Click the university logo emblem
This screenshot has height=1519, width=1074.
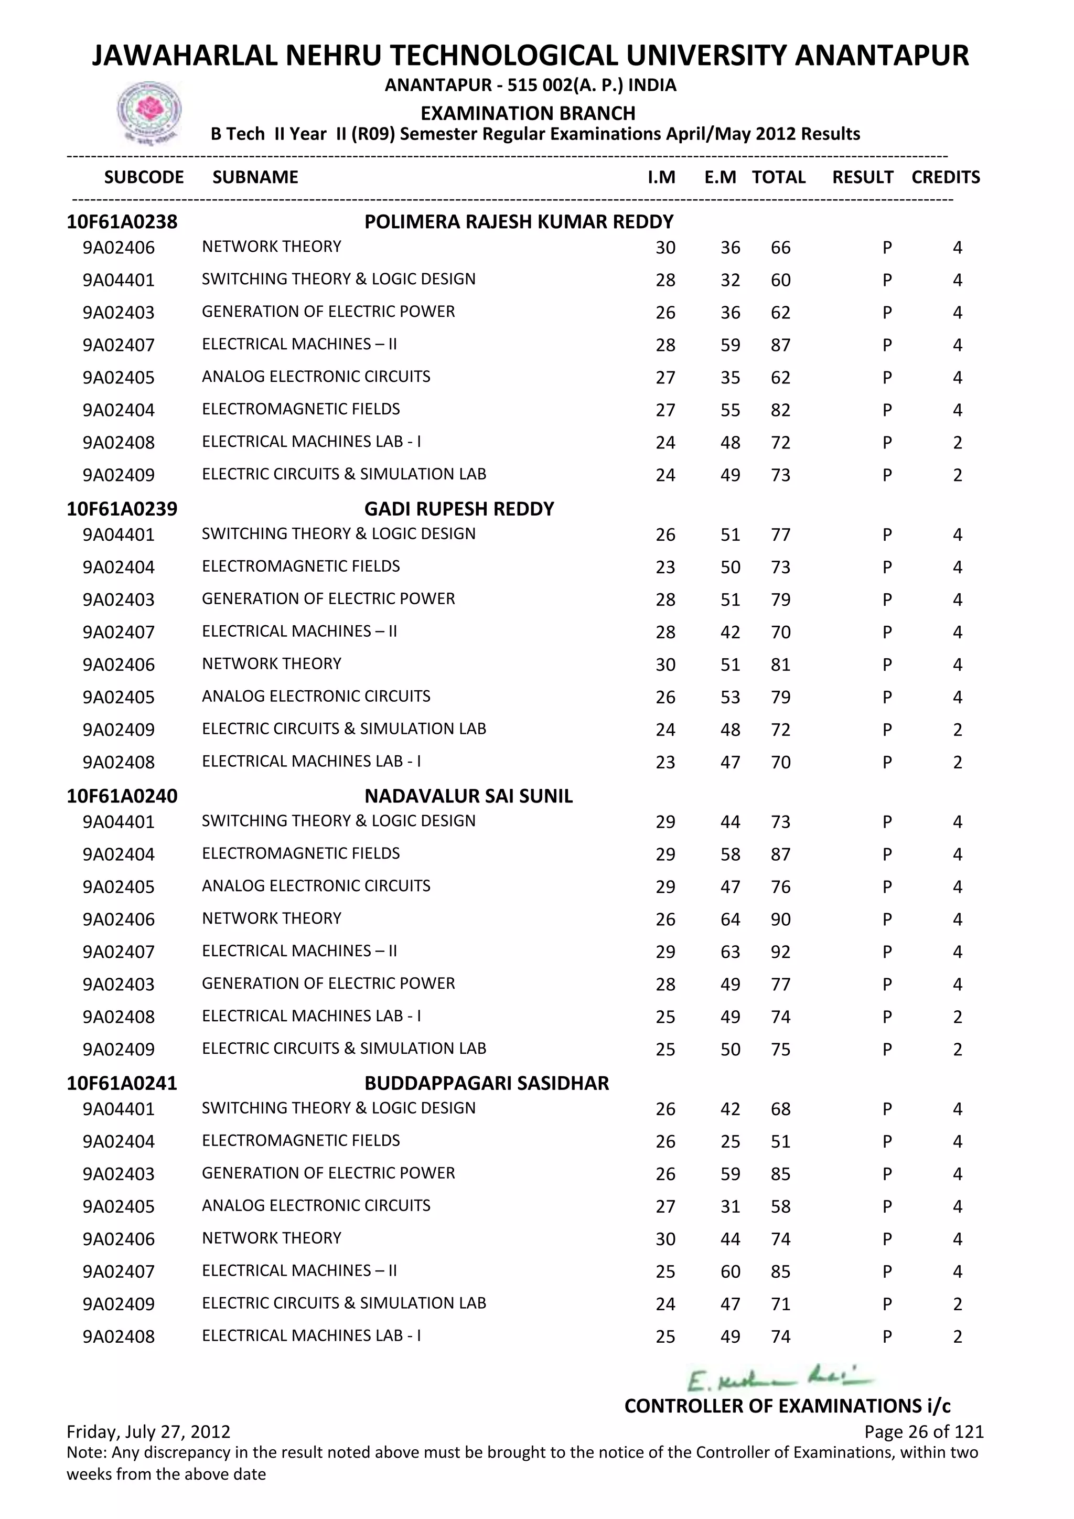pos(149,112)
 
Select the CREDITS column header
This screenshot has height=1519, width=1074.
pos(945,177)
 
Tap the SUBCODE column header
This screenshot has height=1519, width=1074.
pos(144,177)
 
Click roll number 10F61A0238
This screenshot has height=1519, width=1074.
pos(122,222)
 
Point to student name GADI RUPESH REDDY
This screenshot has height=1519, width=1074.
pos(459,509)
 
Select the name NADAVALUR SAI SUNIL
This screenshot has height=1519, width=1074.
pos(468,796)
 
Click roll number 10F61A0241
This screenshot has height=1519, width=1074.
pos(122,1083)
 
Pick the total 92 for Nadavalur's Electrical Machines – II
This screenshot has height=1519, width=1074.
pos(780,952)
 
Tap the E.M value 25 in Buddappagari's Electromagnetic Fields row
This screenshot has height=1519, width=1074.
pos(730,1141)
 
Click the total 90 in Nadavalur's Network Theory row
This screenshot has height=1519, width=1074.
pos(780,919)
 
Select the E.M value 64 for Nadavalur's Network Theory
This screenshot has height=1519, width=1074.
pos(730,919)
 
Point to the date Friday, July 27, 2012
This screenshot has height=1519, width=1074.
pos(149,1432)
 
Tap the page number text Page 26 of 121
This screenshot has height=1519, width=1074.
pos(924,1432)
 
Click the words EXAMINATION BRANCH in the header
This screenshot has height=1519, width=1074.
pos(528,113)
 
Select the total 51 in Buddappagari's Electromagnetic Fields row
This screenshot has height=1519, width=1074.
pos(780,1141)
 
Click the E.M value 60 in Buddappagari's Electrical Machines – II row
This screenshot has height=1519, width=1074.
pos(730,1271)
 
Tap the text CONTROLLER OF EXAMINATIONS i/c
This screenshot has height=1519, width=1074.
pos(787,1406)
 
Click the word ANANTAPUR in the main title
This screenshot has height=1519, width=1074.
pos(882,56)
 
